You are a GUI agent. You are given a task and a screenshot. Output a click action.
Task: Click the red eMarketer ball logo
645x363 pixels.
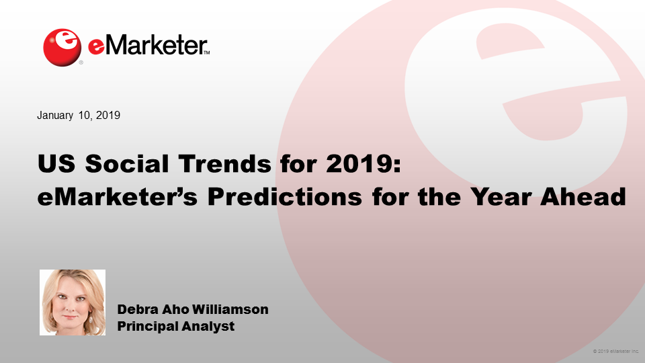[x=62, y=47]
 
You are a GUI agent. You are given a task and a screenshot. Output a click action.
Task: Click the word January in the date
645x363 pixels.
[x=55, y=115]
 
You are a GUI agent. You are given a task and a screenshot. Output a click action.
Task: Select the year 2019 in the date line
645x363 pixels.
[x=107, y=115]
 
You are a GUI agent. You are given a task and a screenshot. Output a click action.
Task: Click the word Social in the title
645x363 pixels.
[x=127, y=163]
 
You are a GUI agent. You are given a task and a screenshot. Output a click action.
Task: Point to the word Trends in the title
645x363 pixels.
[x=225, y=163]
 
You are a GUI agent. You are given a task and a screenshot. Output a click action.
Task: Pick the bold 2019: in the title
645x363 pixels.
[x=363, y=163]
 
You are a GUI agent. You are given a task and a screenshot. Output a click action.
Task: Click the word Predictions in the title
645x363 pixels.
[x=285, y=197]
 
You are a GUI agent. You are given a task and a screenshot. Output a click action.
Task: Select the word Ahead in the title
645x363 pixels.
[x=583, y=197]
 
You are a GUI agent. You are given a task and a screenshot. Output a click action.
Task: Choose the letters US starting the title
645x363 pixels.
[x=56, y=163]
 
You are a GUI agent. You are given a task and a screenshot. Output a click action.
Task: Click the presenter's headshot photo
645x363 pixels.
[x=73, y=302]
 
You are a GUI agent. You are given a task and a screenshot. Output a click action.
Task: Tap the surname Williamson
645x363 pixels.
[x=230, y=309]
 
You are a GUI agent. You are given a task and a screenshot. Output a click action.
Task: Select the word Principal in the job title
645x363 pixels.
[x=148, y=327]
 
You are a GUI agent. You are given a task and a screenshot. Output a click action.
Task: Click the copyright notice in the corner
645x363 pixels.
[x=616, y=352]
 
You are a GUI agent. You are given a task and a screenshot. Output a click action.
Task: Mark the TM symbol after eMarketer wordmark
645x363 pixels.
[x=206, y=52]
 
